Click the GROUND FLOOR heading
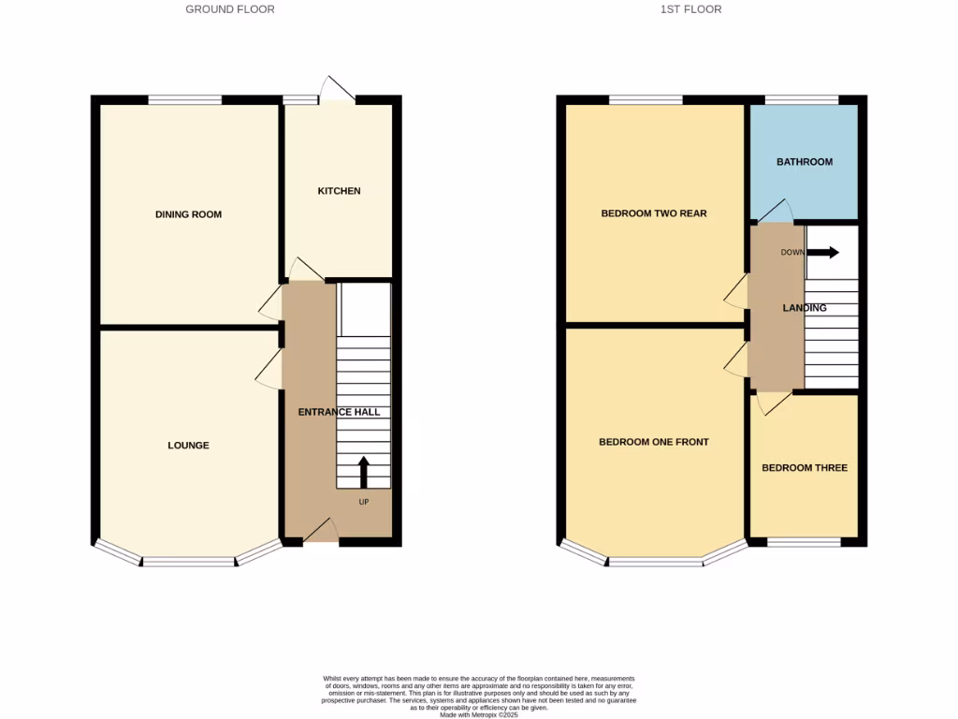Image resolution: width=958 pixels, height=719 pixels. coord(230,9)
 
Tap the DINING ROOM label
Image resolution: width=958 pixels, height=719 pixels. coord(188,214)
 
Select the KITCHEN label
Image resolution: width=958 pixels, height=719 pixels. coord(339,191)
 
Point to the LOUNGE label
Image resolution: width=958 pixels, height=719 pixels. coord(188,446)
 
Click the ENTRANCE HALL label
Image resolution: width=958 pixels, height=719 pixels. coord(339,412)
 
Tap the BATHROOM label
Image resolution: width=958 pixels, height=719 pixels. coord(805,162)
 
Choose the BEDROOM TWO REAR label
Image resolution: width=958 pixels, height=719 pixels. coord(654,213)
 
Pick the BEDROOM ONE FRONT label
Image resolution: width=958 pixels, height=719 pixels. coord(654,442)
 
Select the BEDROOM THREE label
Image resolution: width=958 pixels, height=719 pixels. coord(805,468)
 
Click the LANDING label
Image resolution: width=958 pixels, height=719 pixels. coord(805,308)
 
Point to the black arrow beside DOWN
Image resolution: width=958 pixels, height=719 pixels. coord(823,252)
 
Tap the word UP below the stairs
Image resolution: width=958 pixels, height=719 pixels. coord(364,502)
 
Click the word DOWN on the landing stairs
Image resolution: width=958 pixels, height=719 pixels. coord(792,252)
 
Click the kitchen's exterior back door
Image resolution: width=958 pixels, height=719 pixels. coord(337,90)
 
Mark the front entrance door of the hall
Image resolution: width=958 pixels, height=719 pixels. coord(321,532)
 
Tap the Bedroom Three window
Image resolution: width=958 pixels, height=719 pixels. coord(804,542)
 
